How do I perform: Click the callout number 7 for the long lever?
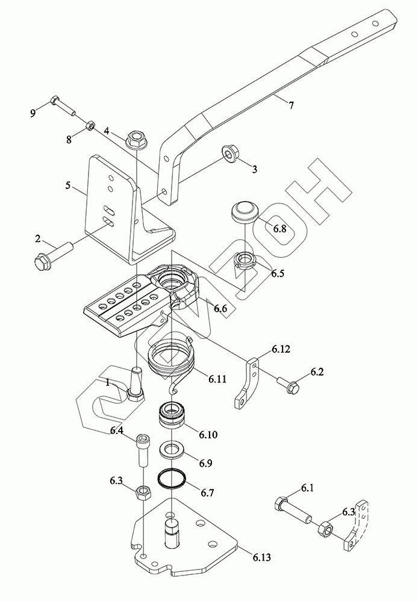point(292,105)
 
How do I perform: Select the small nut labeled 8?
point(89,125)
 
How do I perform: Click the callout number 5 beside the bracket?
point(68,185)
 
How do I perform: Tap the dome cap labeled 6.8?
point(244,211)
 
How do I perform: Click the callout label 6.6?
point(220,308)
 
